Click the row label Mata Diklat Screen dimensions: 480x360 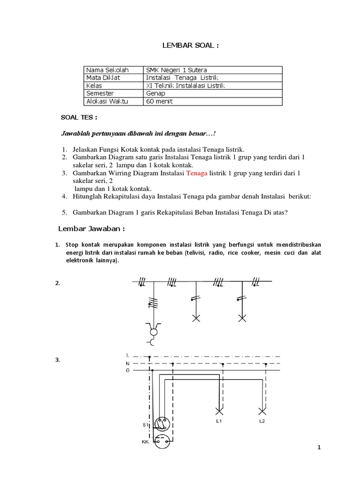click(x=103, y=77)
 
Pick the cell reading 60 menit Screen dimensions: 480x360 click(x=159, y=101)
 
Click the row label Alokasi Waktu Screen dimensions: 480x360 click(x=107, y=101)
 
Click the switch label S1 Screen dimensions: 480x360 click(x=145, y=425)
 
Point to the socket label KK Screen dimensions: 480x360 click(x=145, y=442)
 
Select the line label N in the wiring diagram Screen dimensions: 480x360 click(x=127, y=363)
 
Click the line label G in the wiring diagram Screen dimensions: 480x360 click(x=127, y=370)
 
